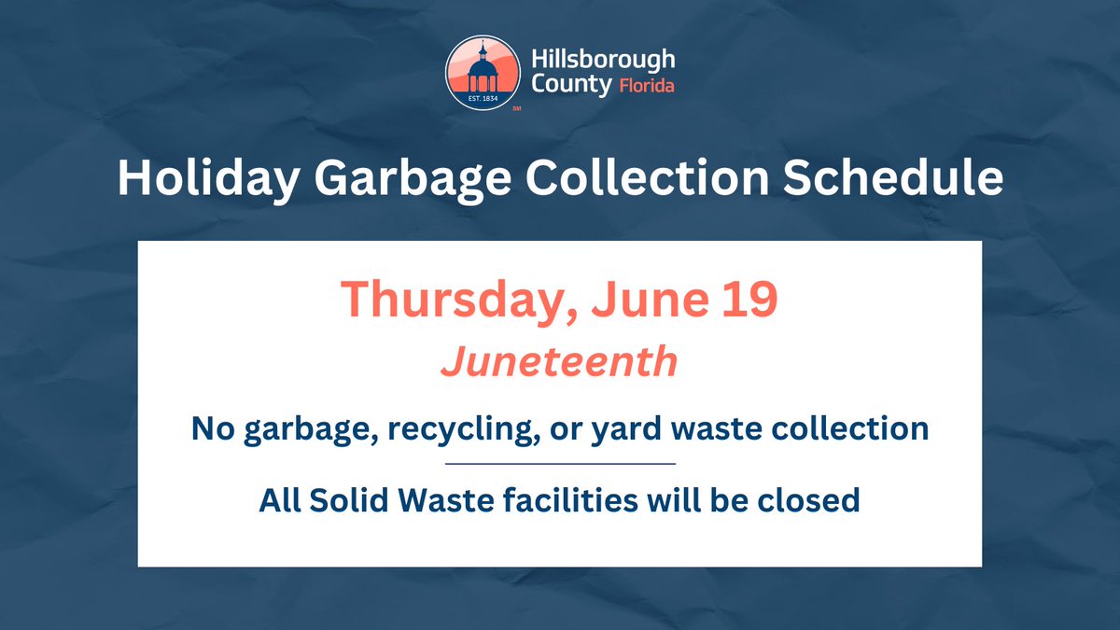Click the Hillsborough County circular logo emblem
pyautogui.click(x=483, y=74)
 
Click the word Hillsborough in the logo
pyautogui.click(x=603, y=61)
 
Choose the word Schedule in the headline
pyautogui.click(x=893, y=179)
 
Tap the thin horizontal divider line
pyautogui.click(x=560, y=463)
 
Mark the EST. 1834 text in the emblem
pyautogui.click(x=483, y=96)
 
